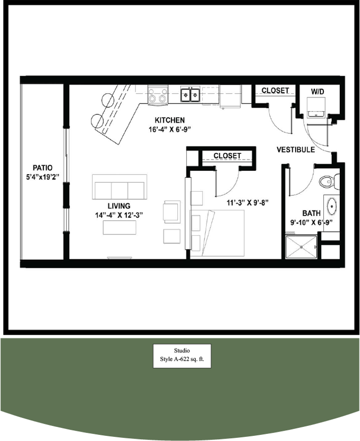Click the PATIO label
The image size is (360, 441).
42,168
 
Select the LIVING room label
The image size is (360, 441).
119,206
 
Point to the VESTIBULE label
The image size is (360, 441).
296,150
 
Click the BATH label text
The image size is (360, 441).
312,213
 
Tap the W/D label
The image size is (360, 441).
318,90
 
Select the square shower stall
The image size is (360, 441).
302,247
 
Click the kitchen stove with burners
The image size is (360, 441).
158,96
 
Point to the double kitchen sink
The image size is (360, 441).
191,95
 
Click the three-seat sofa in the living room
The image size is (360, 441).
120,187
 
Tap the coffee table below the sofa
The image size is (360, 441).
120,227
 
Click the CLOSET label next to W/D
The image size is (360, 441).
275,90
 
